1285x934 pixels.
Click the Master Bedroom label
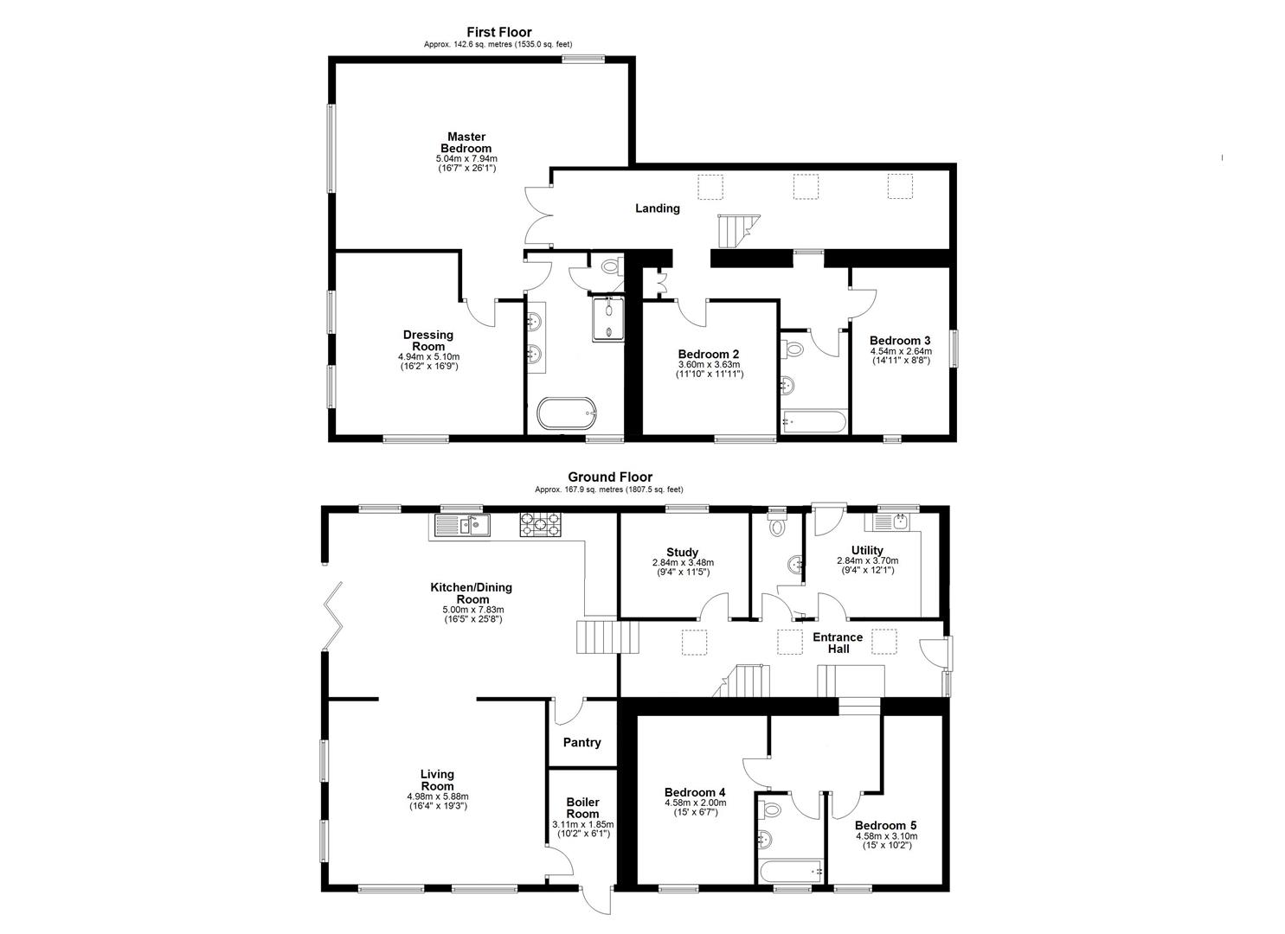pyautogui.click(x=466, y=142)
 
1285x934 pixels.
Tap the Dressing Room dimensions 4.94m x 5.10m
pyautogui.click(x=428, y=356)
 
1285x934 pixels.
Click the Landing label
pyautogui.click(x=658, y=208)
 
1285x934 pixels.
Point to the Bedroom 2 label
pyautogui.click(x=709, y=355)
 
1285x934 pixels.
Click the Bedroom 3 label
pyautogui.click(x=900, y=341)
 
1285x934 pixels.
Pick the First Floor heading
pyautogui.click(x=499, y=32)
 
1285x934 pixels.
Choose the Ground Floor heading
pyautogui.click(x=610, y=477)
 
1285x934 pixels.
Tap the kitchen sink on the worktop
pyautogui.click(x=462, y=525)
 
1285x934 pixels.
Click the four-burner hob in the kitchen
pyautogui.click(x=540, y=525)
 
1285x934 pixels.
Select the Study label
pyautogui.click(x=682, y=552)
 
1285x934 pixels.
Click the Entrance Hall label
pyautogui.click(x=838, y=643)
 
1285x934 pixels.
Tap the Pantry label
pyautogui.click(x=581, y=743)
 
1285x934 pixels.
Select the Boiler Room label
pyautogui.click(x=583, y=808)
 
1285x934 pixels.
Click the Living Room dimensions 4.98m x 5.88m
pyautogui.click(x=438, y=796)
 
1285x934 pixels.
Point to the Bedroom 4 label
pyautogui.click(x=695, y=792)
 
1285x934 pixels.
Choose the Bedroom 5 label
pyautogui.click(x=886, y=826)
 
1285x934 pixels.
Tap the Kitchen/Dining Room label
pyautogui.click(x=471, y=593)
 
